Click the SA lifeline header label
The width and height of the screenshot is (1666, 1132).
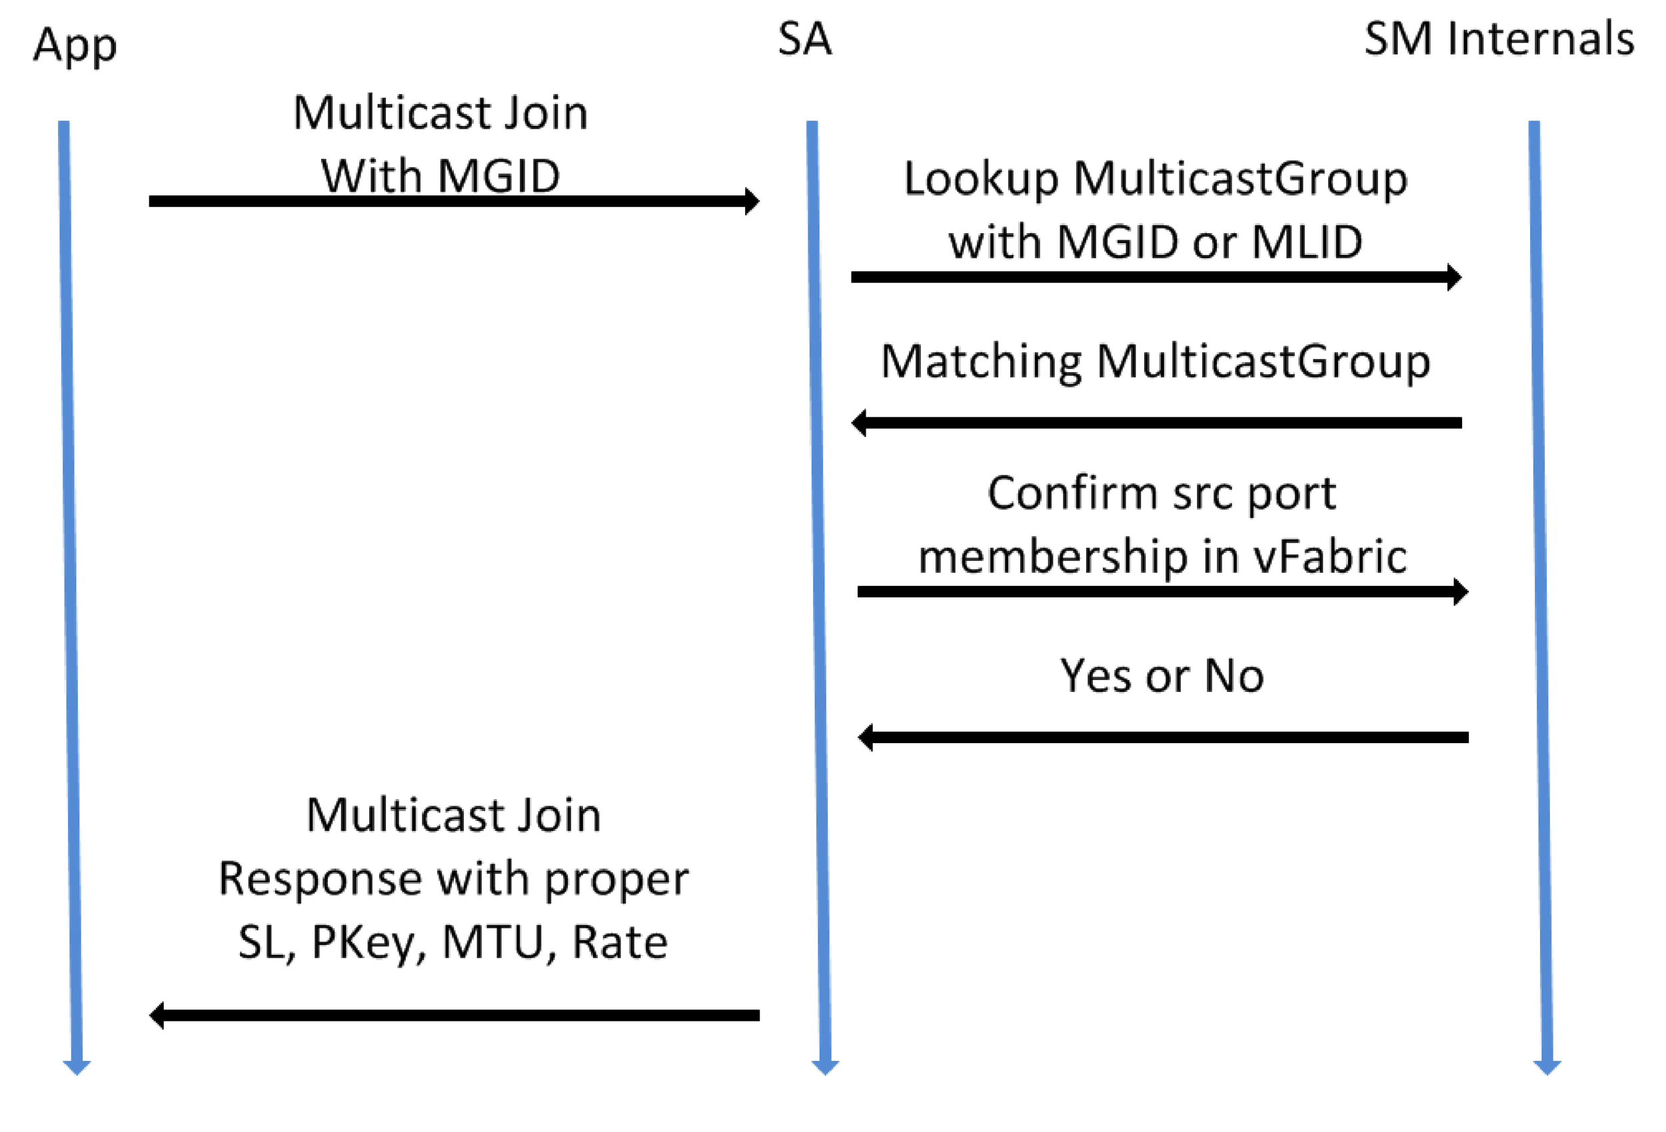click(804, 39)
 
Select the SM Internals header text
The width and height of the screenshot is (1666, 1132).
click(1498, 39)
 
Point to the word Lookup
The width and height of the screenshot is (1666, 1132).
click(981, 179)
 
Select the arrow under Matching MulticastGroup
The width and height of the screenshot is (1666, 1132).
click(1156, 423)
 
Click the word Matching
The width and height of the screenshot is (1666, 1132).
click(981, 362)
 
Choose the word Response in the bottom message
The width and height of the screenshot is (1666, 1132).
click(321, 879)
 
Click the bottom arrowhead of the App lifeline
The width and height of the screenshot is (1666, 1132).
click(77, 1067)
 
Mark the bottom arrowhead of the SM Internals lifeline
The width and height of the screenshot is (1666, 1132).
click(1546, 1067)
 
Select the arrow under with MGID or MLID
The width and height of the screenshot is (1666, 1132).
click(1156, 277)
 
